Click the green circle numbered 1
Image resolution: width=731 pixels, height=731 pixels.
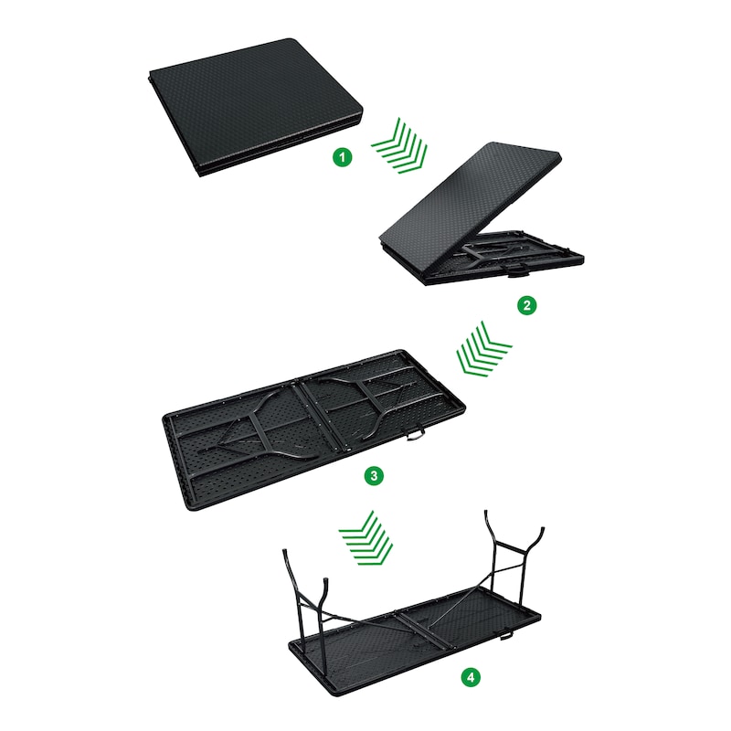point(342,157)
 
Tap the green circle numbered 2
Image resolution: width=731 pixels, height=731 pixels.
point(527,305)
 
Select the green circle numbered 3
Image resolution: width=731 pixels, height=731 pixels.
point(374,476)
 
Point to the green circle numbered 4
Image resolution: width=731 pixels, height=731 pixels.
point(471,677)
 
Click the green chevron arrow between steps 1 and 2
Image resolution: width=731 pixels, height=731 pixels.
point(400,145)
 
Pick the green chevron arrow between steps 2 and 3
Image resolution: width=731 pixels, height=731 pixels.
point(483,350)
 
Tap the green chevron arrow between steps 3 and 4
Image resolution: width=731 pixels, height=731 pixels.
point(366,537)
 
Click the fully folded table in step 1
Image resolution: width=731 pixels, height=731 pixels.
point(256,107)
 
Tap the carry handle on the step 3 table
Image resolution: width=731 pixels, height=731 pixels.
point(415,435)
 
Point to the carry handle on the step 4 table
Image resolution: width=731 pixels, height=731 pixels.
point(507,635)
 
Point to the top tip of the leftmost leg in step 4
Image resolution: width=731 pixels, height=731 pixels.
point(284,551)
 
